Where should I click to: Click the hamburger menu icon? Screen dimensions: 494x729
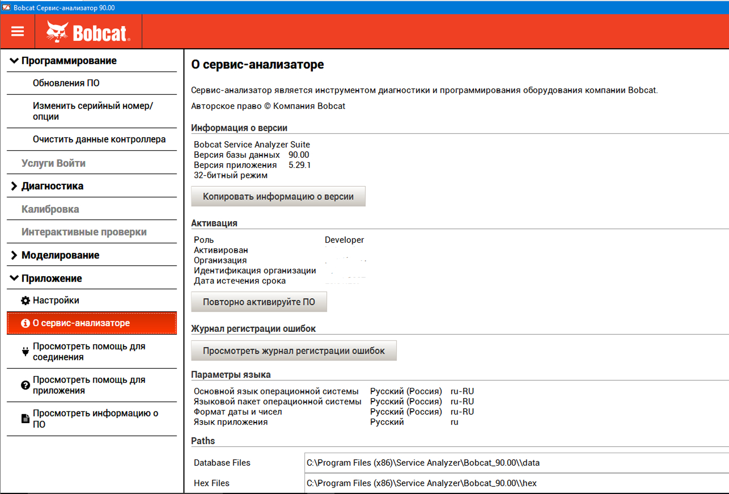(18, 31)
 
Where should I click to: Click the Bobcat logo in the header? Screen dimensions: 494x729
(88, 32)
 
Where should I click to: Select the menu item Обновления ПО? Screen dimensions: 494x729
(66, 83)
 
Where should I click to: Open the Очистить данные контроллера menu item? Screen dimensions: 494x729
(99, 139)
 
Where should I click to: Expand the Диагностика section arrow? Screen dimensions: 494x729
(14, 186)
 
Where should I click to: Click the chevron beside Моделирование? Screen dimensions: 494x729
(14, 255)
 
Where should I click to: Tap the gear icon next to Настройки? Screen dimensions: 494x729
(25, 301)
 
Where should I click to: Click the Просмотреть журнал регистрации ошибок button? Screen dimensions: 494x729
(294, 350)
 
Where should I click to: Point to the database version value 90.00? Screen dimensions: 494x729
(299, 155)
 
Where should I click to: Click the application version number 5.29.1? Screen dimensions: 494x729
(299, 165)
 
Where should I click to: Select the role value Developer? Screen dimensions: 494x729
(344, 240)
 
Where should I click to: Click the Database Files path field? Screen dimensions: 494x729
(514, 463)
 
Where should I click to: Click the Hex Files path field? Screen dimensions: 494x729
(514, 483)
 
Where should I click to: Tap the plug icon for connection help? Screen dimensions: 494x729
(25, 352)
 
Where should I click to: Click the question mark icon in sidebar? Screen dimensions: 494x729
(25, 385)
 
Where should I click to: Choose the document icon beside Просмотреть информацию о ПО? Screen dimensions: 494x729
(25, 419)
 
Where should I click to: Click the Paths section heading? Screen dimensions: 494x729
(203, 441)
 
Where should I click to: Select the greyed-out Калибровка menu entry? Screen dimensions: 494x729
(50, 209)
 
